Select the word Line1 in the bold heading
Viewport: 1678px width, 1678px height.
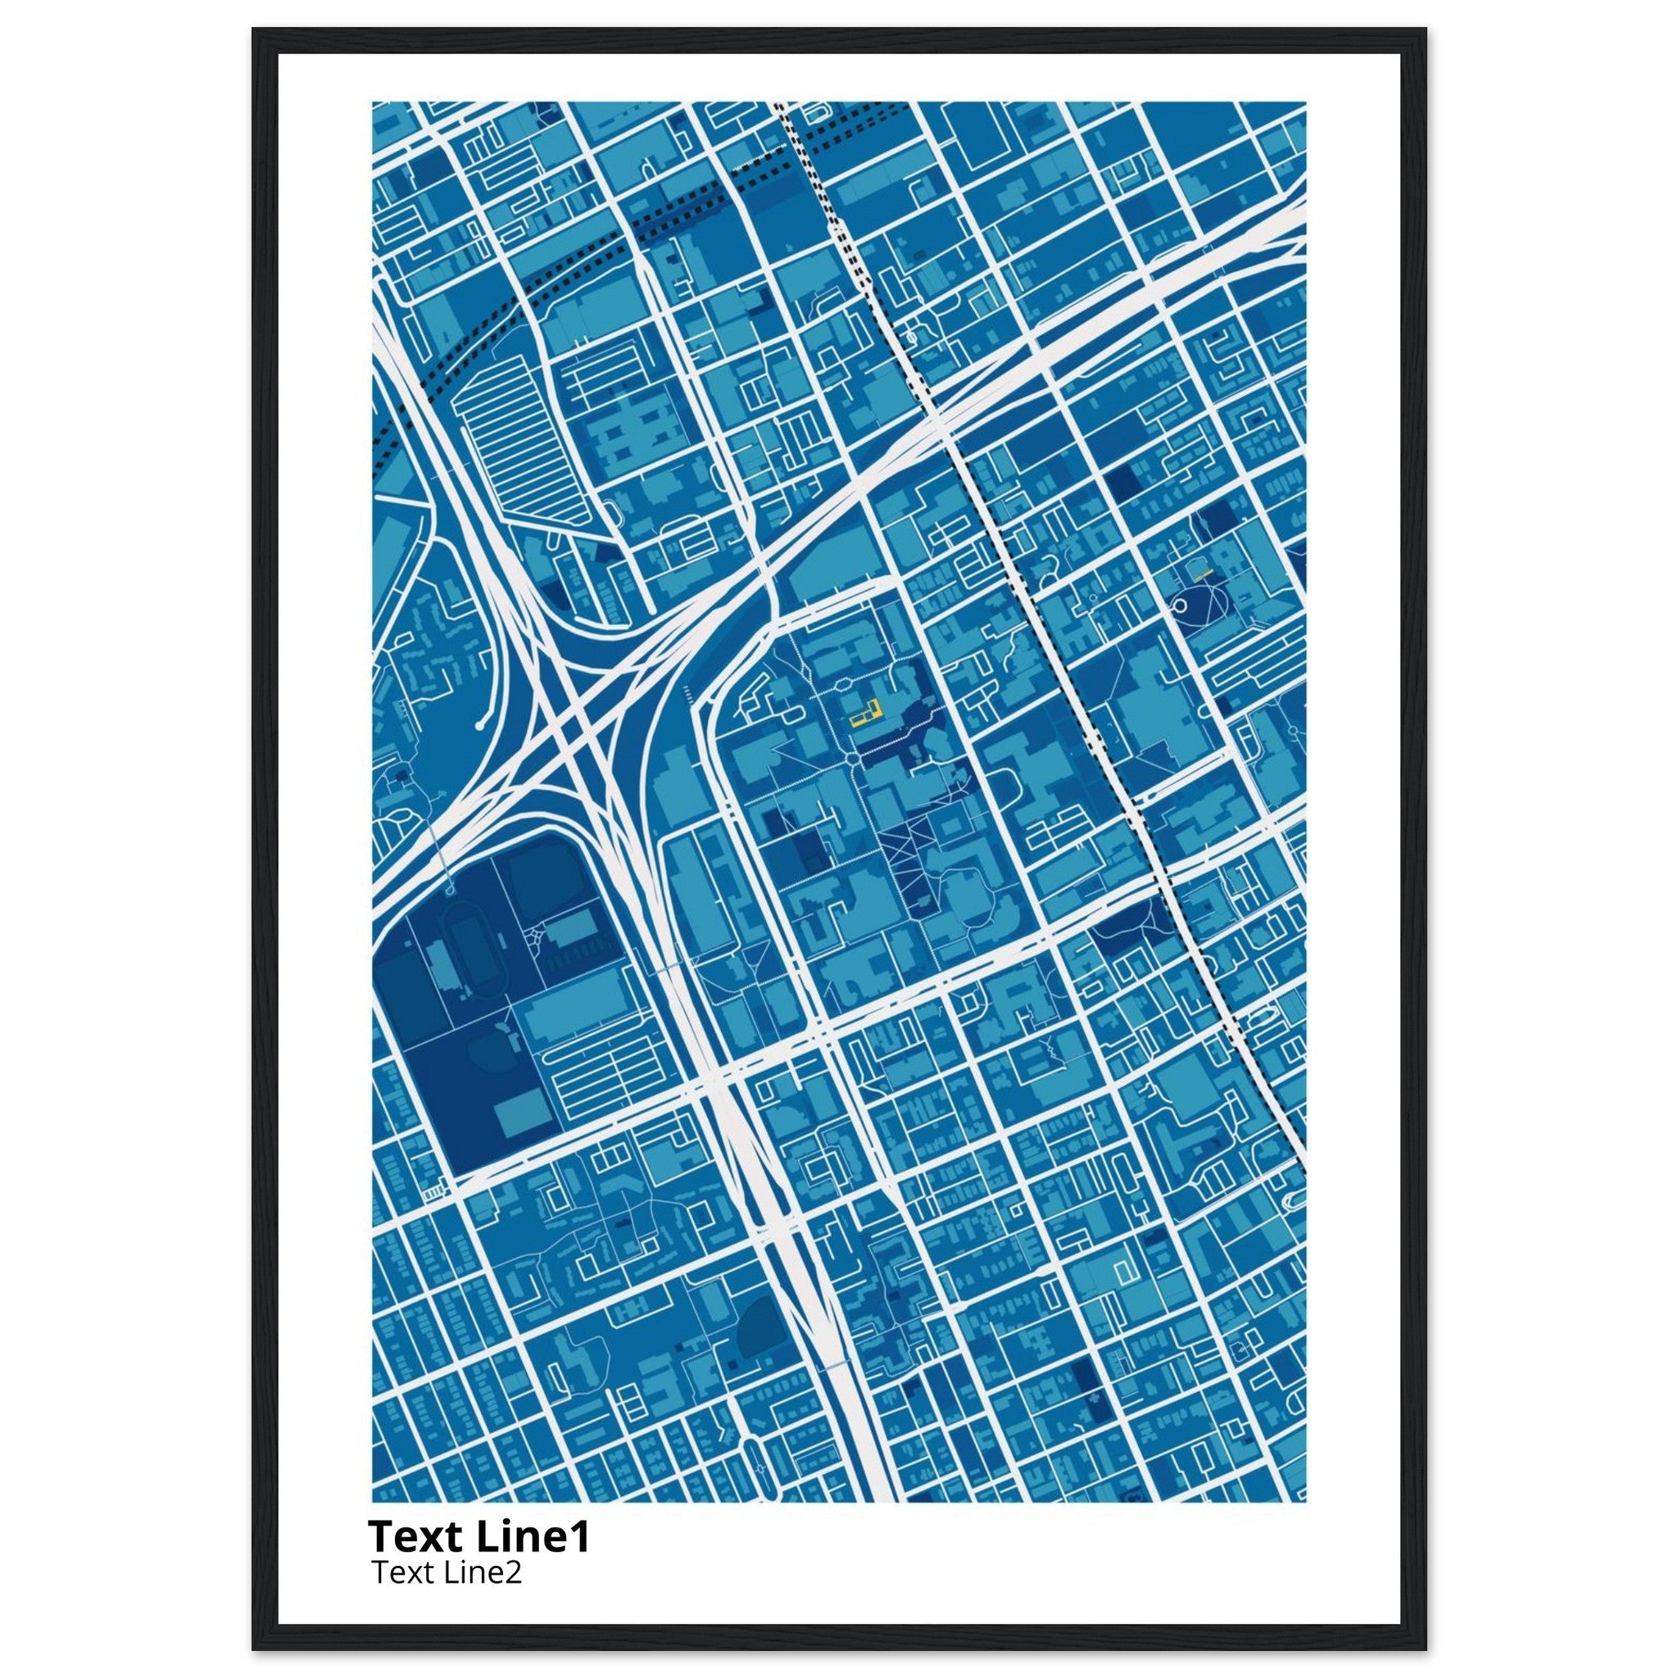pos(534,1537)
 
